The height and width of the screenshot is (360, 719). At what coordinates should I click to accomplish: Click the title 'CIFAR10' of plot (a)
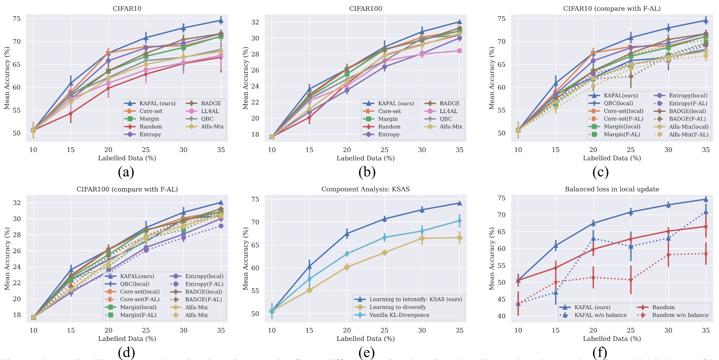click(127, 8)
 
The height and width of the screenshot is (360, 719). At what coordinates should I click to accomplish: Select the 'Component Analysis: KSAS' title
click(365, 189)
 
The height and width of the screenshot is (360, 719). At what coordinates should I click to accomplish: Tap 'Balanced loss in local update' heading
click(612, 189)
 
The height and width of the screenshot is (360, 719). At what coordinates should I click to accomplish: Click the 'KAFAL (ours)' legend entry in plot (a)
click(157, 103)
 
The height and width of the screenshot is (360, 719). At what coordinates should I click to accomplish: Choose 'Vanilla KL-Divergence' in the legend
click(399, 315)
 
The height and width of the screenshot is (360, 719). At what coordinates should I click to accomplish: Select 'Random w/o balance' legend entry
click(680, 315)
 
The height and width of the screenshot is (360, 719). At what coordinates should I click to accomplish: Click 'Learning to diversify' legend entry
click(397, 307)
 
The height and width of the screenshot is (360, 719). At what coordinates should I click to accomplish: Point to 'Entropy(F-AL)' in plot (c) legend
click(688, 103)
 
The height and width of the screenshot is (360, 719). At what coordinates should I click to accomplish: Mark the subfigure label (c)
click(600, 171)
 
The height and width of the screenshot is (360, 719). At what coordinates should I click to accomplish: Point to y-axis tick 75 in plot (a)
click(17, 19)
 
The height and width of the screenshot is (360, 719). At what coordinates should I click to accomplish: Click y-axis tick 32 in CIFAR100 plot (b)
click(255, 22)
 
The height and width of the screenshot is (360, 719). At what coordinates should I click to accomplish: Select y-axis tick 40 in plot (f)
click(501, 316)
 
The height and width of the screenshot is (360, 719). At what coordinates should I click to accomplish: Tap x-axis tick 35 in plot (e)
click(459, 330)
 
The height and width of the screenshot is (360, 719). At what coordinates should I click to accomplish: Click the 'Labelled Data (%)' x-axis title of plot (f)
click(612, 339)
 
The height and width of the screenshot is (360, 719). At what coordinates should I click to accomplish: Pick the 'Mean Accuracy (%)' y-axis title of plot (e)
click(246, 259)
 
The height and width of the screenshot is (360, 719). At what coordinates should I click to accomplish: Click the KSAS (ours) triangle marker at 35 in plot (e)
click(459, 203)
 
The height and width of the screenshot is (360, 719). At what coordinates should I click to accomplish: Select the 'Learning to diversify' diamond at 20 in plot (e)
click(347, 267)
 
